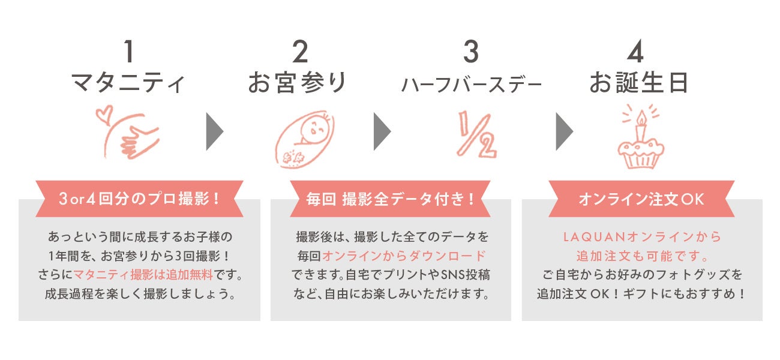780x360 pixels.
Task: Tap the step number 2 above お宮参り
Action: [299, 53]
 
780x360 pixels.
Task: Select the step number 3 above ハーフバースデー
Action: [471, 53]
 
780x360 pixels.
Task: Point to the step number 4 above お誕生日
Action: [635, 53]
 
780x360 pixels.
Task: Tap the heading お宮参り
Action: [298, 83]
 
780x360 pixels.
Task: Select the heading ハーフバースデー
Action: [471, 85]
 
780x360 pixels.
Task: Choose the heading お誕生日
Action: [638, 83]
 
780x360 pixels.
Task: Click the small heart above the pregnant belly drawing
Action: [104, 112]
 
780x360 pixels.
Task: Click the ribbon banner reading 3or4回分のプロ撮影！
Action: [140, 199]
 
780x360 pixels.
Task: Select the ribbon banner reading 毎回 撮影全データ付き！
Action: [391, 199]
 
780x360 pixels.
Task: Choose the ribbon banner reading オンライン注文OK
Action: [641, 199]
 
